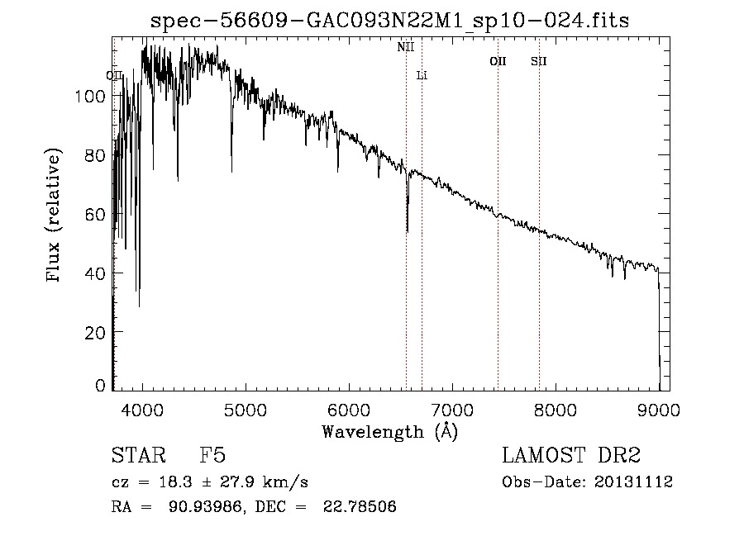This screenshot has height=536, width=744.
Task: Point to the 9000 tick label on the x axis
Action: point(659,409)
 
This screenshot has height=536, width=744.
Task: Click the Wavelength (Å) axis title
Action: point(389,431)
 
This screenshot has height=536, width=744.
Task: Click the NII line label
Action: point(405,47)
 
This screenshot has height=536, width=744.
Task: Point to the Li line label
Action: point(422,75)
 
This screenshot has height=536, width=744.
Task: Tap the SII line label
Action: point(538,61)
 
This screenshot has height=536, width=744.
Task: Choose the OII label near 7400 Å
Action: point(498,61)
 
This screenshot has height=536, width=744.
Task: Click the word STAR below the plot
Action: point(133,456)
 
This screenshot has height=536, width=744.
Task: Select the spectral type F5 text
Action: point(212,456)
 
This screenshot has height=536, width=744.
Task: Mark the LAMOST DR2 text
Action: point(571,456)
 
